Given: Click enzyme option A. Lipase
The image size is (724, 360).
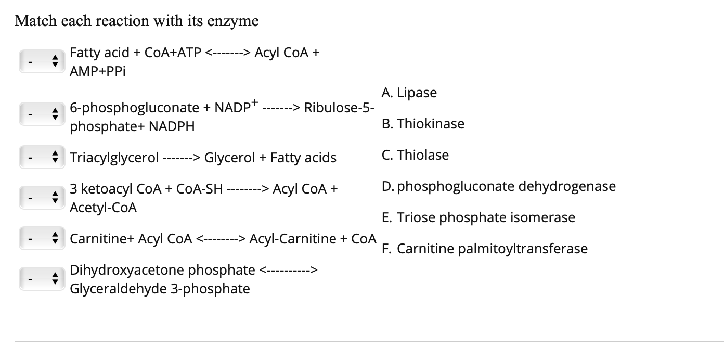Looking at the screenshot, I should pyautogui.click(x=409, y=93).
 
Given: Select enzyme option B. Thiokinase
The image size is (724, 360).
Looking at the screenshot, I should pyautogui.click(x=423, y=124).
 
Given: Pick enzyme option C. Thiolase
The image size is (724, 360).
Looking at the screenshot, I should pyautogui.click(x=415, y=156).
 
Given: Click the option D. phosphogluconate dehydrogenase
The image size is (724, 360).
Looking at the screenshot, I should pyautogui.click(x=498, y=186).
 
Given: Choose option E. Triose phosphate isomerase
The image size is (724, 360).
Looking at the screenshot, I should pyautogui.click(x=479, y=217).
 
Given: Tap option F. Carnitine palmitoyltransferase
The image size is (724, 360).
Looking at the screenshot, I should pyautogui.click(x=485, y=249).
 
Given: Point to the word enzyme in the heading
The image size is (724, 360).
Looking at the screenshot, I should pyautogui.click(x=233, y=21).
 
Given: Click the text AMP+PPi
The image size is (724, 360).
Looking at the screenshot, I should pyautogui.click(x=98, y=71).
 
